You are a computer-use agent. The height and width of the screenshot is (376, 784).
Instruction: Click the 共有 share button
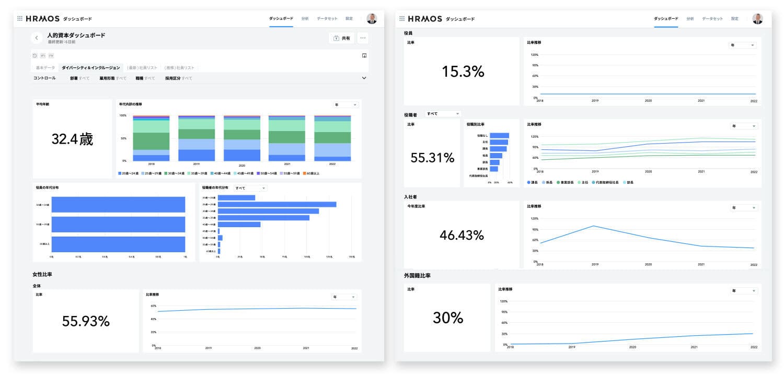(x=342, y=38)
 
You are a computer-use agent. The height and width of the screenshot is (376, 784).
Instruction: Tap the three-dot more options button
(x=363, y=38)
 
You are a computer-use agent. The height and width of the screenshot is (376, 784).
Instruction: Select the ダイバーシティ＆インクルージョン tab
(x=90, y=68)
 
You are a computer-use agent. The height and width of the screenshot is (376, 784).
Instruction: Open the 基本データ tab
(x=45, y=68)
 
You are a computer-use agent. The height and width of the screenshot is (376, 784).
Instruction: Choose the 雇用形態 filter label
(x=107, y=78)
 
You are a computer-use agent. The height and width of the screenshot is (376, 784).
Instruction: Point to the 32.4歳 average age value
(x=72, y=139)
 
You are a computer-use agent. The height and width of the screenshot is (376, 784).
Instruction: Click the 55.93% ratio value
(x=86, y=321)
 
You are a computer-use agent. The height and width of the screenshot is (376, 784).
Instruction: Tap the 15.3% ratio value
(x=463, y=72)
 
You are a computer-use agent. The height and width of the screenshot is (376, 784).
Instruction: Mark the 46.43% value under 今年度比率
(x=462, y=235)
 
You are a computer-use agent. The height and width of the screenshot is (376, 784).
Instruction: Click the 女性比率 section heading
(x=42, y=274)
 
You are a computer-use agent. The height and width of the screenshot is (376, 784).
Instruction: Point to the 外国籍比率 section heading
(x=417, y=275)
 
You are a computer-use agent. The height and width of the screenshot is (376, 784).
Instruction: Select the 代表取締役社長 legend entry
(x=605, y=182)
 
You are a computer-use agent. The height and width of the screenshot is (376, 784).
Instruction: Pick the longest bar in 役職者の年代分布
(x=277, y=204)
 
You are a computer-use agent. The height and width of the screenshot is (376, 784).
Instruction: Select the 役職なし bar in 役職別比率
(x=499, y=135)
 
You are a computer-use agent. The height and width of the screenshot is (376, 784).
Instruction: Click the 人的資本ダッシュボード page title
(x=76, y=35)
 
